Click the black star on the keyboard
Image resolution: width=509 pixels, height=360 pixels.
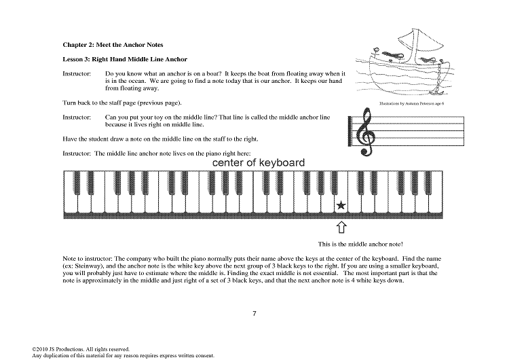(x=341, y=206)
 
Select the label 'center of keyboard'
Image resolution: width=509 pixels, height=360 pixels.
(x=258, y=164)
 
